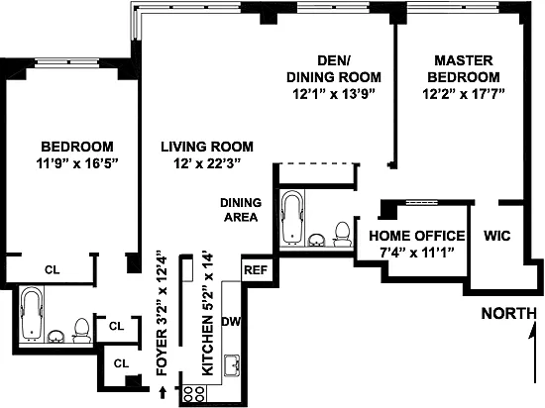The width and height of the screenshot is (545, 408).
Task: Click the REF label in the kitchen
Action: click(x=256, y=269)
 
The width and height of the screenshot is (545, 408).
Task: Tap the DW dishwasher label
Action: click(x=231, y=322)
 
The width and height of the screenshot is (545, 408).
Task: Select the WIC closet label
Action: click(x=497, y=236)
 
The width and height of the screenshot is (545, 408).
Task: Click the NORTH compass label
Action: click(x=509, y=314)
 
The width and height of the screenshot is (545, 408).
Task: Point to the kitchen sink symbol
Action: click(x=232, y=365)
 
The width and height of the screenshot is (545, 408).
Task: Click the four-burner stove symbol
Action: click(x=194, y=394)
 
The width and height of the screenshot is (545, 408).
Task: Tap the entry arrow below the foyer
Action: click(x=163, y=392)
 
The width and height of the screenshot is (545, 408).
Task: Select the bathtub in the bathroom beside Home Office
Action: click(x=292, y=217)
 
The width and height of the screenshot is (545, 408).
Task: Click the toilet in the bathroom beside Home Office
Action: click(x=343, y=234)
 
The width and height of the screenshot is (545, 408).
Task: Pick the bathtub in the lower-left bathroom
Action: click(x=32, y=314)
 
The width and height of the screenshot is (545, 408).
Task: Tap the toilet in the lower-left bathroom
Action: click(x=81, y=330)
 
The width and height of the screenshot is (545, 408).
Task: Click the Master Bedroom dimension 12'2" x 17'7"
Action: click(x=464, y=94)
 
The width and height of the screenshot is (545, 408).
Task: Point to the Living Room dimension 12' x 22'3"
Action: click(x=207, y=163)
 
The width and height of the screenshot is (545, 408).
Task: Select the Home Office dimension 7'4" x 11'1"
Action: click(x=417, y=253)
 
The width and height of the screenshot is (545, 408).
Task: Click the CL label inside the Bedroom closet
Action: click(x=53, y=269)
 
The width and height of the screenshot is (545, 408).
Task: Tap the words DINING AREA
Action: click(x=241, y=210)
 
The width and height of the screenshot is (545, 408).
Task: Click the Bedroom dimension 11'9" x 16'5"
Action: click(x=77, y=163)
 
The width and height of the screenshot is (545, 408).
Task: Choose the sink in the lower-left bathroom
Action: click(x=55, y=336)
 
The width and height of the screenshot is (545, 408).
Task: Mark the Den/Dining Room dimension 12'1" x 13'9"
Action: click(x=334, y=94)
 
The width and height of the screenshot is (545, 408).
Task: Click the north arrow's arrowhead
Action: click(x=533, y=330)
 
